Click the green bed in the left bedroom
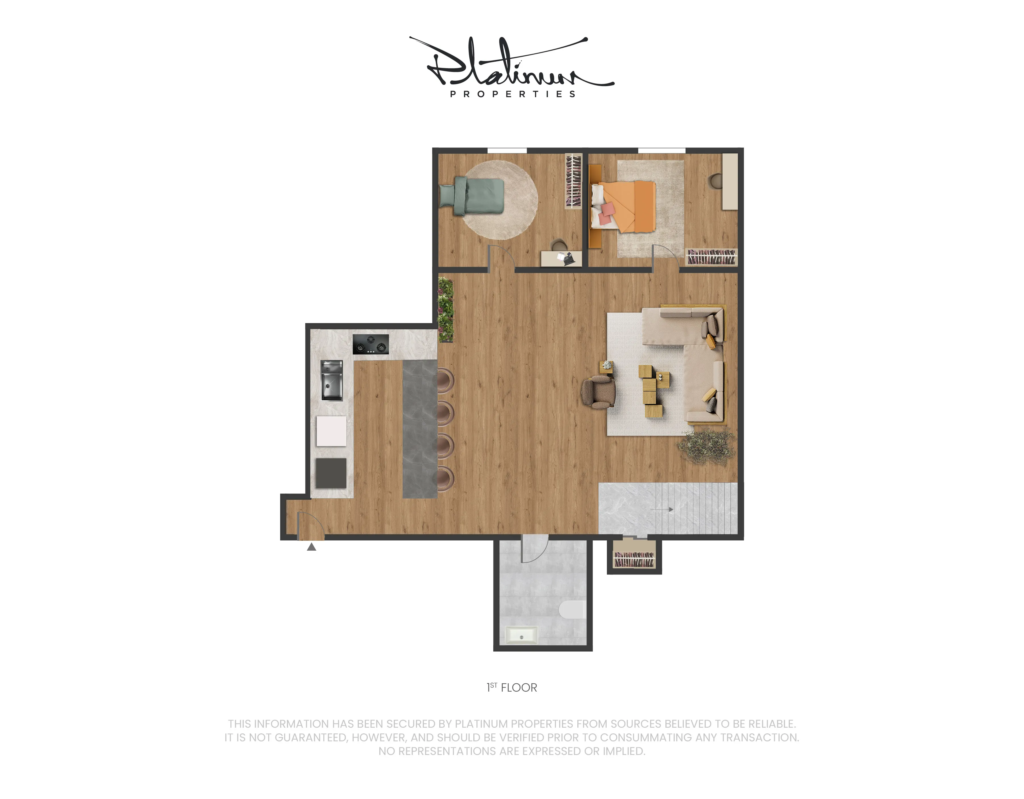472,196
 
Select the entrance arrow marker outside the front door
311,547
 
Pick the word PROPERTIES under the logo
513,94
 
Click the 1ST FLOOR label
512,687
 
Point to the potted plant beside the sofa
706,446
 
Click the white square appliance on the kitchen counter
331,430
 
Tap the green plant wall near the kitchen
446,309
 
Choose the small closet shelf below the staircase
634,558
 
